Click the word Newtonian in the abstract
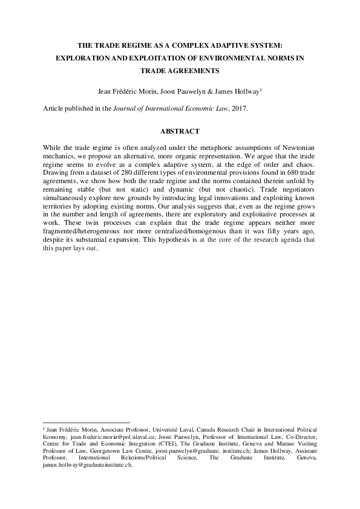tap(297, 148)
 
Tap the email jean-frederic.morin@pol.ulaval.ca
tap(107, 435)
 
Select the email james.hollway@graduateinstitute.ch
tap(88, 465)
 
